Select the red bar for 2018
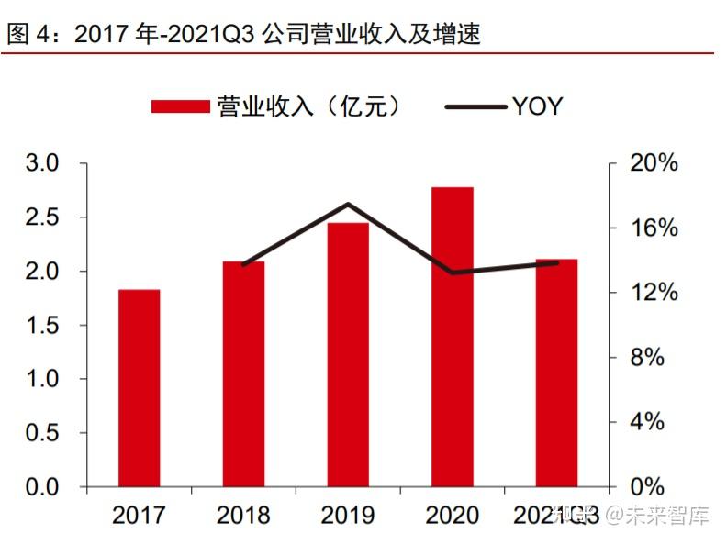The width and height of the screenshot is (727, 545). pos(243,373)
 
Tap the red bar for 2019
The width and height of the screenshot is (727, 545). pos(347,354)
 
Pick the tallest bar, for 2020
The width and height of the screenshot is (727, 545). pos(452,337)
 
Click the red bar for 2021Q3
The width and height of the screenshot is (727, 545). pos(556,373)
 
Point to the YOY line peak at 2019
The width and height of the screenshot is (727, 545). pos(348,204)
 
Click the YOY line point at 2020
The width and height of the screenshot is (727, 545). pos(452,272)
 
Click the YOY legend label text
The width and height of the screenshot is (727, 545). pos(537,106)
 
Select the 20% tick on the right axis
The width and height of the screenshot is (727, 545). pos(654,164)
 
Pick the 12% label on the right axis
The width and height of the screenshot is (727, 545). pos(654,294)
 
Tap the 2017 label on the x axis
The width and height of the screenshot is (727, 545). pos(139,515)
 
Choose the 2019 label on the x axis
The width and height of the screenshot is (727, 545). pos(347,515)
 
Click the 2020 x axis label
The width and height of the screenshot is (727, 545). pos(452,515)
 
